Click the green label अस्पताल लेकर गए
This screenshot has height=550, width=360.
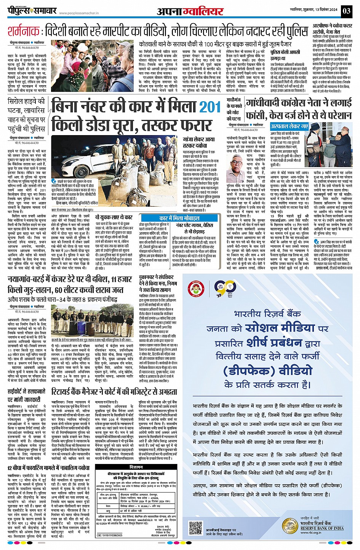click(290, 126)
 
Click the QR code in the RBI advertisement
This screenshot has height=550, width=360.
click(196, 529)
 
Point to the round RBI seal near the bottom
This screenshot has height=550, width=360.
click(289, 527)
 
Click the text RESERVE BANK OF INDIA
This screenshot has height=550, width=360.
click(322, 528)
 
